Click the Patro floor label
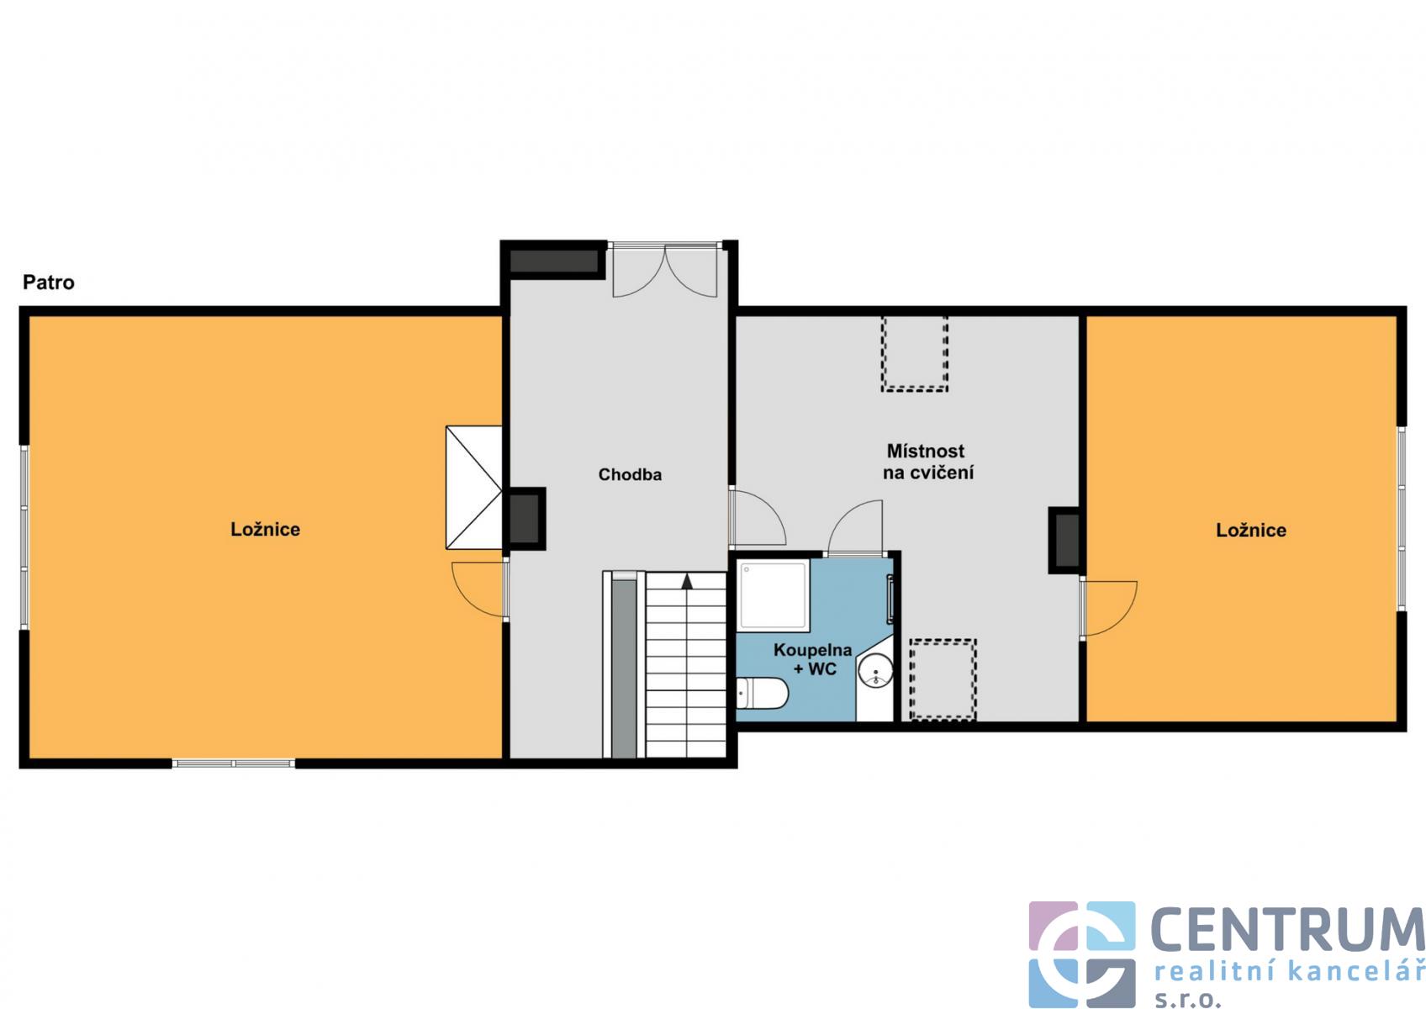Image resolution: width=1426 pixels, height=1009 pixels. (x=49, y=283)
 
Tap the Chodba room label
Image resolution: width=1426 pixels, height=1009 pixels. (x=630, y=474)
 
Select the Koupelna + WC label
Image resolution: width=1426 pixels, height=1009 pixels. (x=812, y=659)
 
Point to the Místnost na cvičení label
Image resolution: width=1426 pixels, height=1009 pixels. (x=927, y=462)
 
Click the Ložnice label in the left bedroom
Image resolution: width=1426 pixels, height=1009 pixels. (x=265, y=530)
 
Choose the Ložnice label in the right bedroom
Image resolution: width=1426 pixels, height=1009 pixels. (x=1251, y=531)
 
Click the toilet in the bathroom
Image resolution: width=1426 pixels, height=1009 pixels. (x=763, y=693)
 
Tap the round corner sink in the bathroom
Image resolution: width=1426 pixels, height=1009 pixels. (x=875, y=672)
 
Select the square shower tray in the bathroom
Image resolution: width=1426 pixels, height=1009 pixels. (x=774, y=595)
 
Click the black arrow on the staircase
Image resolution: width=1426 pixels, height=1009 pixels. (x=687, y=581)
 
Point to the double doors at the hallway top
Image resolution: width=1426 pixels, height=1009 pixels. (x=664, y=272)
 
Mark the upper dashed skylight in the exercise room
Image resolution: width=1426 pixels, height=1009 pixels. (x=915, y=354)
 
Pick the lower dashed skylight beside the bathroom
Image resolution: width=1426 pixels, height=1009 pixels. (x=943, y=679)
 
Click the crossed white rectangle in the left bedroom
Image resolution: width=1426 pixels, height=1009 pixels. (x=473, y=487)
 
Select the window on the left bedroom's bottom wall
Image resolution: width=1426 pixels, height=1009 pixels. (x=233, y=763)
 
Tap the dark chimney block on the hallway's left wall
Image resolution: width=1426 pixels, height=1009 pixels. (x=525, y=518)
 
